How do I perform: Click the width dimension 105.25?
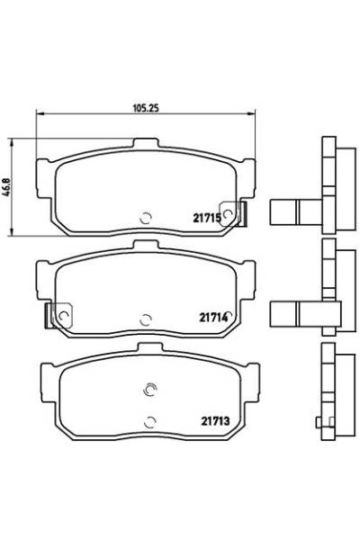(x=146, y=108)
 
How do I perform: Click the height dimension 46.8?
(x=6, y=188)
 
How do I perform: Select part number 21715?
(x=207, y=218)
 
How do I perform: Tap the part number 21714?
(x=213, y=317)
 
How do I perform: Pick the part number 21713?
(x=215, y=421)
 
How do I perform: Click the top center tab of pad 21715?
(x=146, y=143)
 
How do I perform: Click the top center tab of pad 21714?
(x=146, y=246)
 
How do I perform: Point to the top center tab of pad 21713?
(x=150, y=347)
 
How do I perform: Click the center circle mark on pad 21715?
(x=146, y=218)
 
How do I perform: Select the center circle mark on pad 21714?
(x=146, y=319)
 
